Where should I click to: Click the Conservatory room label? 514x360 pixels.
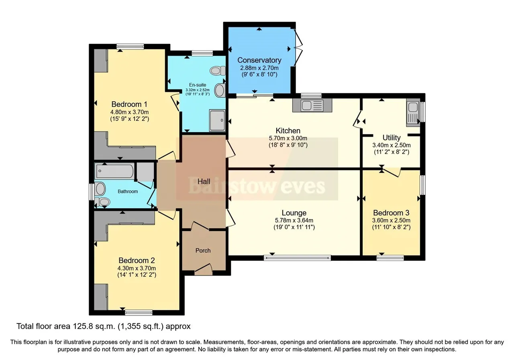point(259,60)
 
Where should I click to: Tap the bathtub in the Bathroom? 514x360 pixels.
point(115,171)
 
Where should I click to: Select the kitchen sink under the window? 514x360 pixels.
point(312,106)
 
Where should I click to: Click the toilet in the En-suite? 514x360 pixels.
point(218,70)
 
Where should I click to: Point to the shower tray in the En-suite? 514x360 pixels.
point(217,120)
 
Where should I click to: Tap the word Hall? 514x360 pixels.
point(204,182)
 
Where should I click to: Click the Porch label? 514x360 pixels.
point(203,250)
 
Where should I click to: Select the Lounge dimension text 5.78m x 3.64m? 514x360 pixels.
point(294,221)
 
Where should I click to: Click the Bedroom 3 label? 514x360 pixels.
point(391,213)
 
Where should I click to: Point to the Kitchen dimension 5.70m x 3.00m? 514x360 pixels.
point(288,138)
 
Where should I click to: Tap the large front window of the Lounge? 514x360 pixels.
point(297,258)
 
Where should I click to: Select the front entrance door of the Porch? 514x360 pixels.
point(204,269)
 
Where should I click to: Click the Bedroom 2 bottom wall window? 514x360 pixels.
point(139,312)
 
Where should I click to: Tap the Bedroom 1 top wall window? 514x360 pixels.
point(130,47)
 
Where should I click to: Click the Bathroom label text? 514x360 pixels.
point(128,191)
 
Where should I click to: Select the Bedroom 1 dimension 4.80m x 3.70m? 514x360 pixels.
point(129,112)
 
